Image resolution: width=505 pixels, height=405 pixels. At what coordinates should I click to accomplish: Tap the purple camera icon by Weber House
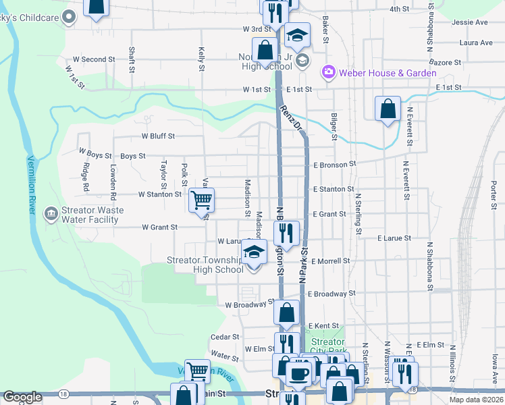pos(329,72)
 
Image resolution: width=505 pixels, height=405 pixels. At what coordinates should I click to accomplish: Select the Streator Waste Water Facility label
pos(93,215)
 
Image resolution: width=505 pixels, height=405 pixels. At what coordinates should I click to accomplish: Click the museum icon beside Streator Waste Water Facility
pos(51,215)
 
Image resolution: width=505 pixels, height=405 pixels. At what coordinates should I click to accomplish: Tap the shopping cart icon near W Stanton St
pos(202,200)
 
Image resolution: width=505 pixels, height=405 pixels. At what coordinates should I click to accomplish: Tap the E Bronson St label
pos(334,164)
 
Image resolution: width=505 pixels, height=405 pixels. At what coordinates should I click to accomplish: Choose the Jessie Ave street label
pos(470,22)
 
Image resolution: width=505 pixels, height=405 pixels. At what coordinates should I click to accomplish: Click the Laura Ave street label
pos(475,43)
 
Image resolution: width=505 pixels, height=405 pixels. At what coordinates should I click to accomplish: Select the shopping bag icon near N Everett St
pos(388,109)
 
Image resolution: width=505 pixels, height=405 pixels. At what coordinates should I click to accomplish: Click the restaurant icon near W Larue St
pos(286,233)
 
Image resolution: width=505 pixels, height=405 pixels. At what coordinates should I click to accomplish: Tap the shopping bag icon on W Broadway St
pos(286,313)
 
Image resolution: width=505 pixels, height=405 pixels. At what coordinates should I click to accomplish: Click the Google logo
pos(22,397)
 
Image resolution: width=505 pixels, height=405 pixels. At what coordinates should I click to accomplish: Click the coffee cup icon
pos(297,372)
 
